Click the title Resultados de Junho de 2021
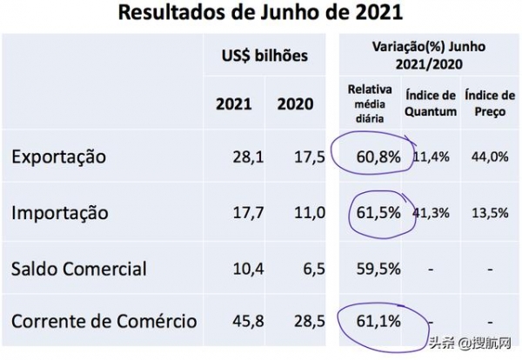pos(260,14)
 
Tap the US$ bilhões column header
pos(264,57)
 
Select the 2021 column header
pos(233,104)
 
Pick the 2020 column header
pos(295,104)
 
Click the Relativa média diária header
pos(369,103)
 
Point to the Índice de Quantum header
pos(430,103)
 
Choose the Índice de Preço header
pos(487,103)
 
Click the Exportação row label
pos(58,157)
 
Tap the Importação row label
pos(60,212)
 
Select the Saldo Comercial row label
pos(79,268)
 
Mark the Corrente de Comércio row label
pos(104,322)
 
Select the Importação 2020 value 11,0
pos(309,212)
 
